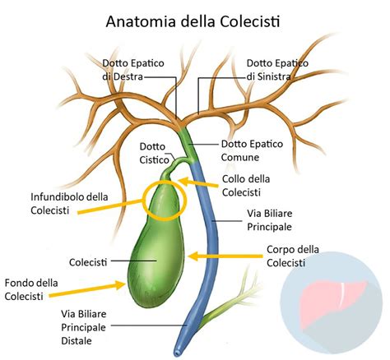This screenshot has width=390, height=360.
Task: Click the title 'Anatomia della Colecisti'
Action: (x=194, y=20)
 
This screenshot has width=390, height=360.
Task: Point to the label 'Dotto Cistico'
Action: (x=155, y=153)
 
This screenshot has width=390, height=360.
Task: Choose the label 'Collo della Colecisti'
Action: (x=247, y=185)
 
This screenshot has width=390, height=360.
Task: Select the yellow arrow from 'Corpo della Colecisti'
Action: (x=223, y=256)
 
